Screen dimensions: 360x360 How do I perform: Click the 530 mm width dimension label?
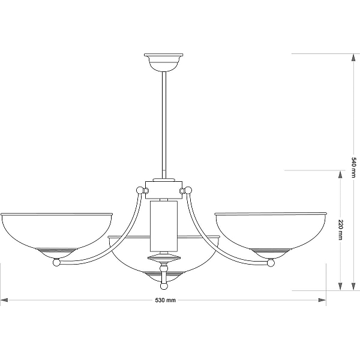click(x=166, y=300)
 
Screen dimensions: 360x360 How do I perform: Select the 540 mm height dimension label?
click(x=353, y=167)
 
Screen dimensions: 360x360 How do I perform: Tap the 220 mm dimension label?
click(x=341, y=230)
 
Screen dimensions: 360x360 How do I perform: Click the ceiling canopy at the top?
click(x=164, y=62)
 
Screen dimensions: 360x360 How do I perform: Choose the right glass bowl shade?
click(x=271, y=235)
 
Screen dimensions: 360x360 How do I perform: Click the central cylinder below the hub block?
click(x=164, y=226)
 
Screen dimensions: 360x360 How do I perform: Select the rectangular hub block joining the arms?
click(x=164, y=190)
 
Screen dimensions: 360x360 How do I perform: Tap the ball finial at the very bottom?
click(x=164, y=286)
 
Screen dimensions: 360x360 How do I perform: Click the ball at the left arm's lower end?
click(x=56, y=262)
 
